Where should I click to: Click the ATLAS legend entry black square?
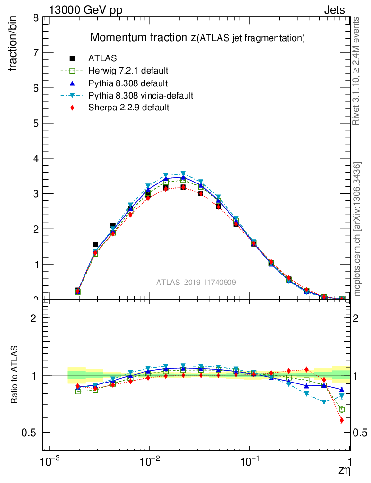tap(72, 58)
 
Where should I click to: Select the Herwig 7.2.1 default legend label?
tap(128, 71)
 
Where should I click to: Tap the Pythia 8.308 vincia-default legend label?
tap(141, 95)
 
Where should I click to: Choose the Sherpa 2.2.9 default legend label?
tap(129, 108)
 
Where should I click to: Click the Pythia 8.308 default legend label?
tap(128, 83)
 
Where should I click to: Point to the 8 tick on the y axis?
tap(35, 18)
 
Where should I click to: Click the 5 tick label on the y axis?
tap(35, 123)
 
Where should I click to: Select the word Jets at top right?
tap(334, 10)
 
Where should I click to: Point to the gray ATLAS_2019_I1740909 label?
tap(196, 282)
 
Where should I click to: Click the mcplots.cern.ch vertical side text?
tap(357, 229)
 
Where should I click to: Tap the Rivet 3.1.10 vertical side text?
tap(357, 71)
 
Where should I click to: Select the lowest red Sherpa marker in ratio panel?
tap(341, 420)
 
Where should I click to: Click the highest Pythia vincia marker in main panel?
tap(183, 174)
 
